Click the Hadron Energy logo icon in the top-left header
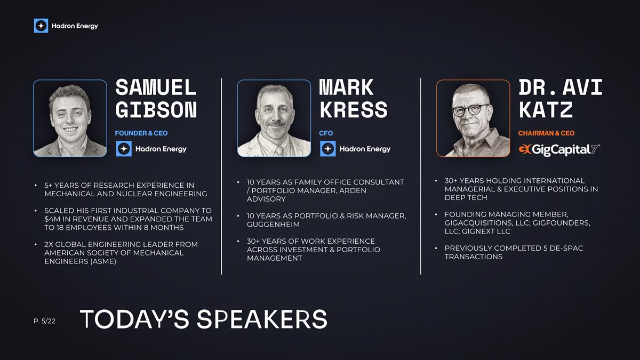[41, 26]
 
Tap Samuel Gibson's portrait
[70, 118]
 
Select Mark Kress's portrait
[274, 118]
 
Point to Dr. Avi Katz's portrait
[473, 118]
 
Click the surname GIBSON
[156, 109]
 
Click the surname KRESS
[353, 109]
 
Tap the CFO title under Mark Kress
[326, 133]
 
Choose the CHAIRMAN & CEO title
[546, 133]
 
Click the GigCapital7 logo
[559, 149]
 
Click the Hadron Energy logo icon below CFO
[327, 149]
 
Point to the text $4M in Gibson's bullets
[52, 219]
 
